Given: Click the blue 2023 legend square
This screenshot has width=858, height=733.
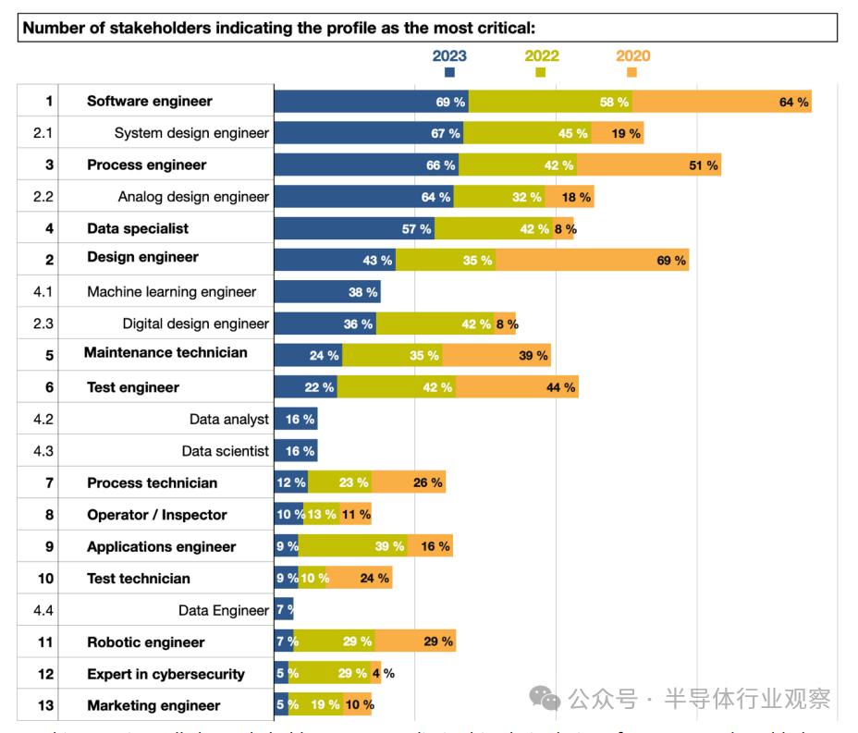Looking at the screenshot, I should (449, 72).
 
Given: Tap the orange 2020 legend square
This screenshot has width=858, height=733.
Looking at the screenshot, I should (632, 72).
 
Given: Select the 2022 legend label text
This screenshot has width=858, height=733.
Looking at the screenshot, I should (542, 55).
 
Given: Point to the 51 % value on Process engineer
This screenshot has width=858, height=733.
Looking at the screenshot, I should (704, 165).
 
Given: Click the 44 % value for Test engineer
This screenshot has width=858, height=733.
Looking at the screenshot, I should (561, 387).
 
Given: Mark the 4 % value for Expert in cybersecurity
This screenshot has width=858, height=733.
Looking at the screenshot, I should (388, 673).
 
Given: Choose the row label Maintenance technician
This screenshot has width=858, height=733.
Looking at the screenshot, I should (165, 352).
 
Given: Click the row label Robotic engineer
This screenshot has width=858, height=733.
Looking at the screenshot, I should (146, 641).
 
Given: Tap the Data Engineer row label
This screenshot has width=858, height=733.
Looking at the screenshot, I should (224, 610).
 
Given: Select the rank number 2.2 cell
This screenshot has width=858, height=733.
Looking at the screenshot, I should (43, 197).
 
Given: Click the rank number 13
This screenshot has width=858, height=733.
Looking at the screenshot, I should (46, 705).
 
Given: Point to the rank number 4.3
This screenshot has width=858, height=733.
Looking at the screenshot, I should (43, 451).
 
